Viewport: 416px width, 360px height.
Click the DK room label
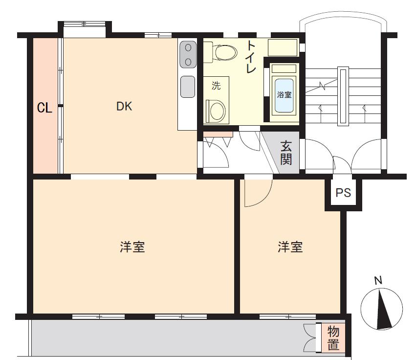tap(124, 107)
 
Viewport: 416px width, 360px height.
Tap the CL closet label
tap(44, 108)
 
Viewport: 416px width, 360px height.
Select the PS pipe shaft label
tap(343, 193)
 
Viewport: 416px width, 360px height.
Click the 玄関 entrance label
tap(286, 153)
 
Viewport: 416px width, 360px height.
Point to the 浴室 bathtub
tap(284, 95)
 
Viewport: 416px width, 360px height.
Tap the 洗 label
tap(216, 86)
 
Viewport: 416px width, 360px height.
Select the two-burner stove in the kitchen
tap(188, 55)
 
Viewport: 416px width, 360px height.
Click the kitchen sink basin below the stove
tap(188, 87)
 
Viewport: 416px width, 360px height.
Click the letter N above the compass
tap(378, 280)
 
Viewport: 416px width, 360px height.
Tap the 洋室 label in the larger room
tap(132, 247)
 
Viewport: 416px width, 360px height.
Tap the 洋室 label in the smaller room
tap(290, 247)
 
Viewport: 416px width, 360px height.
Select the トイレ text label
tap(251, 57)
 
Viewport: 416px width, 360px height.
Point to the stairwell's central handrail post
tap(343, 96)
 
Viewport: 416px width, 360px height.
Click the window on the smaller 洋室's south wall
tap(288, 316)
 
